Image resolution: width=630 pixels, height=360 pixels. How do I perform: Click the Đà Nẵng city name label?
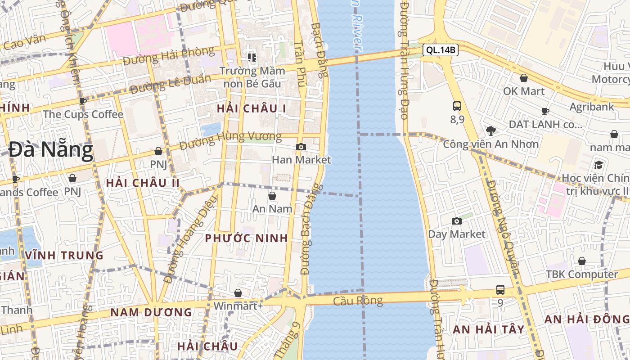51,150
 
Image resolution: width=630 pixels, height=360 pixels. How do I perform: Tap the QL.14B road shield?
441,50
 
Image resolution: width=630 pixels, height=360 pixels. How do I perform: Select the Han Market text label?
301,160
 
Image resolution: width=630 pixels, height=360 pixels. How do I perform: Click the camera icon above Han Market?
301,147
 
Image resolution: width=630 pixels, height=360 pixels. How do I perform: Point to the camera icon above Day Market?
457,221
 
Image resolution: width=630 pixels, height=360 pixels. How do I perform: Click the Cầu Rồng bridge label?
358,301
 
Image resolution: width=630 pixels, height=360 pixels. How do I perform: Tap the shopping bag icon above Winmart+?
238,293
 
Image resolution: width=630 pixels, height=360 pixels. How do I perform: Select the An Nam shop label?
272,209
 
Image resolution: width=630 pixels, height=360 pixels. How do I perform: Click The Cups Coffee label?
83,114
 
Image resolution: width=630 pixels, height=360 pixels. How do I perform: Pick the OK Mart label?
524,91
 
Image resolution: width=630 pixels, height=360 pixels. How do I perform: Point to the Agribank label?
592,107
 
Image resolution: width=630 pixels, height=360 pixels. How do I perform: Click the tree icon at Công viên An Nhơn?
490,131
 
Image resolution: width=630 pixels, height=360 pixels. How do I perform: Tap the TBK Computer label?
581,274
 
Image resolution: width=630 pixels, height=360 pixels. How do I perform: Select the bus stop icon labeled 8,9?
457,106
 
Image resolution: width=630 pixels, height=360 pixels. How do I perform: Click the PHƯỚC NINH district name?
246,238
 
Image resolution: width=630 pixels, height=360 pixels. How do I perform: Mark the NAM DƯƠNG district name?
151,312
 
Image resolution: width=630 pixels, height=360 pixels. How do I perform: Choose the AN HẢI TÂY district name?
489,329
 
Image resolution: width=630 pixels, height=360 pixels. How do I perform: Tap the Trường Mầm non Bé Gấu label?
252,77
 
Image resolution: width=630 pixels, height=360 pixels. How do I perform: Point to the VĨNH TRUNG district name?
64,256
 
